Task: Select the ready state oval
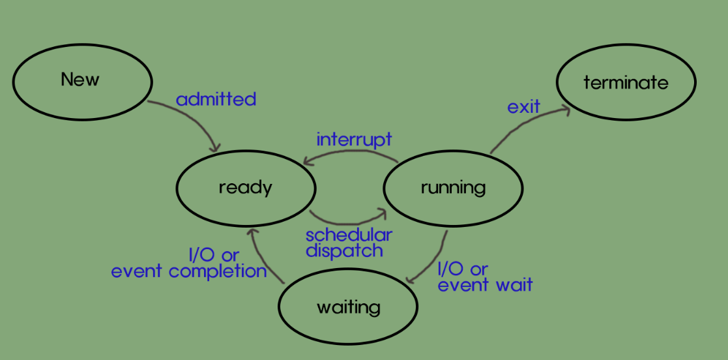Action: tap(246, 188)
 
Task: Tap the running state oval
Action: tap(453, 188)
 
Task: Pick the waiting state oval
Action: tap(347, 307)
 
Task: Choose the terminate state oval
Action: tap(626, 83)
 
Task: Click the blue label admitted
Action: tap(216, 99)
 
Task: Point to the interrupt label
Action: tap(354, 139)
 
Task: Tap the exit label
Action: tap(524, 106)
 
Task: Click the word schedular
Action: tap(349, 235)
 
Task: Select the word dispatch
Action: tap(344, 250)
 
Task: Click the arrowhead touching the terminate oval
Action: tap(564, 111)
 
